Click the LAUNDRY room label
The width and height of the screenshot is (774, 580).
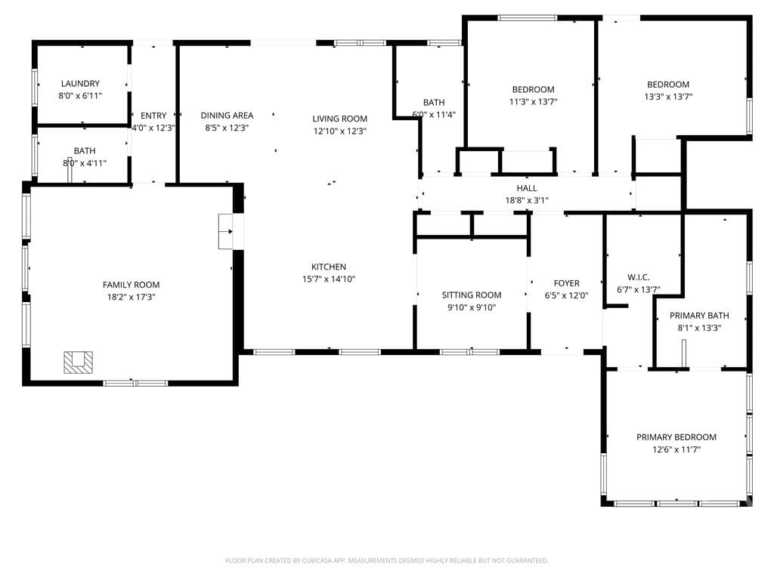click(x=80, y=83)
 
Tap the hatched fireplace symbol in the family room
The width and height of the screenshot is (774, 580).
click(x=78, y=362)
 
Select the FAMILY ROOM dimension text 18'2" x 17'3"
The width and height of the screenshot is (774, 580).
click(x=131, y=297)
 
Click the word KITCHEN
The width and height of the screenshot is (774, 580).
click(x=328, y=267)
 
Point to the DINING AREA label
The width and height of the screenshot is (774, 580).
click(x=227, y=116)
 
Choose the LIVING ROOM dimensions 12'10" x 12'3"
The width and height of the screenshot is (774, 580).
click(x=339, y=131)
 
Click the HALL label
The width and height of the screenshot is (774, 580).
click(x=527, y=188)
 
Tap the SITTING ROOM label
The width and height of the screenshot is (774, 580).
click(x=472, y=295)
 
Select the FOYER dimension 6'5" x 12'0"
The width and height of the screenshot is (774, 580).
click(x=566, y=295)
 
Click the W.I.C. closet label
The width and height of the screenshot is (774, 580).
click(x=638, y=277)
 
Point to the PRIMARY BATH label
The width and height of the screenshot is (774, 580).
click(x=699, y=316)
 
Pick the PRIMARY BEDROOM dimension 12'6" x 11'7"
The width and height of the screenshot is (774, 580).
click(x=676, y=449)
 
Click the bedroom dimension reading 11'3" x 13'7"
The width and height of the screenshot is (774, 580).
click(x=533, y=102)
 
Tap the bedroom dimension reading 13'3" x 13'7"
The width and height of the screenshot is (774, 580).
click(x=668, y=97)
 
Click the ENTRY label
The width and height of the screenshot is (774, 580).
click(x=153, y=116)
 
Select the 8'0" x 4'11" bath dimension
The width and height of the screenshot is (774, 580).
click(x=85, y=163)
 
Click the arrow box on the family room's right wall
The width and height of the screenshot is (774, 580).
click(x=226, y=231)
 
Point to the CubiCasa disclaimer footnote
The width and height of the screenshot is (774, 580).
click(x=387, y=560)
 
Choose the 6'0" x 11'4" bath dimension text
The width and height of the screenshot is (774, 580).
click(x=434, y=115)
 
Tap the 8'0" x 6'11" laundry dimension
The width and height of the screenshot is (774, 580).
click(x=80, y=96)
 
